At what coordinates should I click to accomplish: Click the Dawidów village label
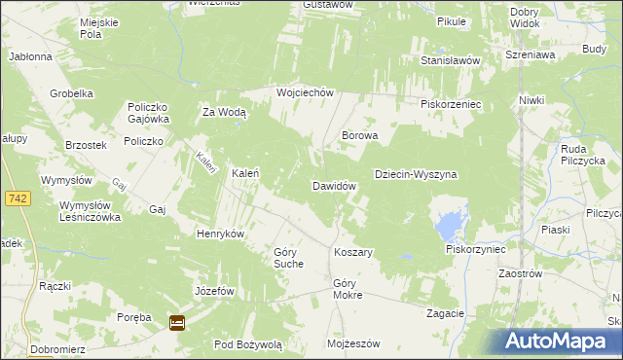338,185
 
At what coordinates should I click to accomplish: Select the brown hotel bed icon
177,324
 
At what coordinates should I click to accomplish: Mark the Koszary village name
353,252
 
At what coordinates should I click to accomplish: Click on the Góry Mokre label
348,288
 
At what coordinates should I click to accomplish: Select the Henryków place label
220,234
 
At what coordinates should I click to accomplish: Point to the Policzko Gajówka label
148,112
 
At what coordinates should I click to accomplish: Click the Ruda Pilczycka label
583,154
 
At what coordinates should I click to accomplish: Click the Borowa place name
358,136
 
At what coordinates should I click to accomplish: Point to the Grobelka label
71,93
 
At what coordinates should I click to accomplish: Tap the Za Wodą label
224,112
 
